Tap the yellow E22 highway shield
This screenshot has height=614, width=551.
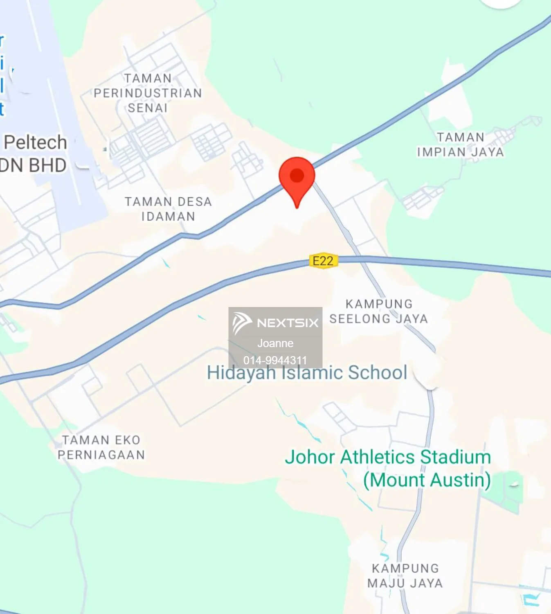(x=323, y=261)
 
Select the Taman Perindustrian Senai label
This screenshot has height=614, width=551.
(x=148, y=93)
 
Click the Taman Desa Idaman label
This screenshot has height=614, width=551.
(x=168, y=209)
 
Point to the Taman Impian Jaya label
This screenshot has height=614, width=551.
(x=460, y=144)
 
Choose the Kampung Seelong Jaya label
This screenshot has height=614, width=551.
(x=379, y=311)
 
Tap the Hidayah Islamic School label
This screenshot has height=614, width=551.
(x=307, y=373)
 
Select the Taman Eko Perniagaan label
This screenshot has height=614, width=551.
(x=101, y=447)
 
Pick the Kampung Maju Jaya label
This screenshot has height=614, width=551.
(x=405, y=576)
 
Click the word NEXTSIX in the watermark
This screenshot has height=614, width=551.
(x=288, y=323)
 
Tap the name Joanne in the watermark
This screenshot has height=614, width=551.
(x=275, y=343)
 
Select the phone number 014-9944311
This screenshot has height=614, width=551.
(x=275, y=360)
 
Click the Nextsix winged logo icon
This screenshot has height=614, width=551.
(x=242, y=323)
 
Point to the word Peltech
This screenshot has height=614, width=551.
(x=35, y=142)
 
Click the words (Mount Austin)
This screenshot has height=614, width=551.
(x=427, y=480)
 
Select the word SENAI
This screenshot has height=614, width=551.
(x=148, y=108)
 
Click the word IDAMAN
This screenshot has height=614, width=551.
(x=168, y=217)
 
